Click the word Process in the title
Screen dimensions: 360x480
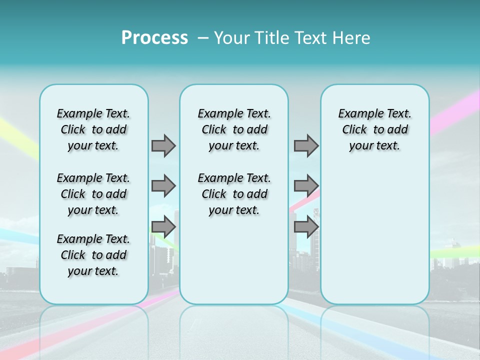click(x=154, y=37)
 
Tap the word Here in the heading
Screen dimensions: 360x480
click(x=352, y=37)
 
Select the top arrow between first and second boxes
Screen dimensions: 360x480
click(x=163, y=145)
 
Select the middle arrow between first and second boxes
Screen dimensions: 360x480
click(x=163, y=186)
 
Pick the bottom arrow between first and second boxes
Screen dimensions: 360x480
click(x=163, y=226)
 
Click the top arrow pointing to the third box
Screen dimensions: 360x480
click(x=306, y=145)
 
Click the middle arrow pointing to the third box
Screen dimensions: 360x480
click(x=306, y=186)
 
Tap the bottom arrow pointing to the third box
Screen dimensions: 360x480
click(x=306, y=226)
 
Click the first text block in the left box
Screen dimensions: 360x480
click(x=93, y=129)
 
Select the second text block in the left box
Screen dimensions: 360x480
click(x=93, y=194)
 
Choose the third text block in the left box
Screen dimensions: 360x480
click(x=93, y=255)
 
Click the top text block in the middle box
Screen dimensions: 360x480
click(x=234, y=129)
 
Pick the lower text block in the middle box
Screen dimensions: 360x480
click(x=234, y=194)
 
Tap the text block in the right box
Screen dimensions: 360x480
click(x=374, y=129)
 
